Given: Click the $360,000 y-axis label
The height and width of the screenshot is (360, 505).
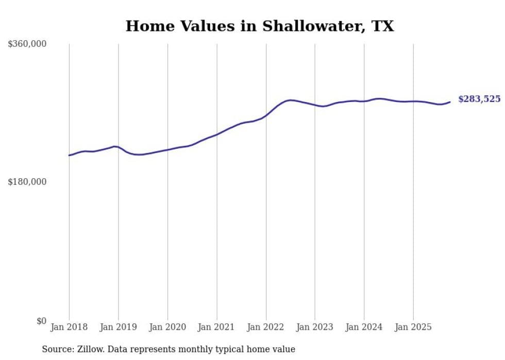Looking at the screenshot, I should click(x=27, y=44).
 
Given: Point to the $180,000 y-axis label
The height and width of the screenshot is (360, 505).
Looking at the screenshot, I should click(x=27, y=182).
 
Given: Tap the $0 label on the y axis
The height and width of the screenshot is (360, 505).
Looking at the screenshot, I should click(x=41, y=321).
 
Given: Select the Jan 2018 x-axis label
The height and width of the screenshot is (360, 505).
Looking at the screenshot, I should click(x=69, y=327).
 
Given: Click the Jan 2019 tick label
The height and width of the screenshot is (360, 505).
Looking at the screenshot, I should click(x=118, y=327).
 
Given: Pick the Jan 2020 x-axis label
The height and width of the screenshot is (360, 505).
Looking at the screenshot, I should click(x=167, y=327).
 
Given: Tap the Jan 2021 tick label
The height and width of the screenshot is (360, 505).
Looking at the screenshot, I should click(x=216, y=327).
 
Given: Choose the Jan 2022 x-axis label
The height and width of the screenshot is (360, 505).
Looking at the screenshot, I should click(x=266, y=327).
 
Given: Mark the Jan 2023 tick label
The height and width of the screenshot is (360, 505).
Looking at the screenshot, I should click(x=315, y=327).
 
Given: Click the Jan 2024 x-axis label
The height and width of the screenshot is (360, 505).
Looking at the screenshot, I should click(x=364, y=327).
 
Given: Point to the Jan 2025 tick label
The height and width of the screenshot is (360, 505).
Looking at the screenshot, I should click(x=413, y=327).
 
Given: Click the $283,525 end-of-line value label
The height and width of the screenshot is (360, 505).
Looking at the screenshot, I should click(x=479, y=99).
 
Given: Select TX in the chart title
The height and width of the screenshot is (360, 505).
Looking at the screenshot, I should click(x=383, y=26).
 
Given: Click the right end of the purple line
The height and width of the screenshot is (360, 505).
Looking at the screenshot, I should click(x=450, y=102).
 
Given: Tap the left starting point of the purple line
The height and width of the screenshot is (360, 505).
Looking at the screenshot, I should click(x=69, y=155).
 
